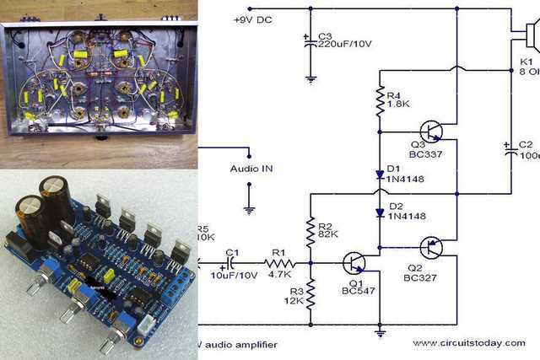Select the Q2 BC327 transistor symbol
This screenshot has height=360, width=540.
[x=433, y=247]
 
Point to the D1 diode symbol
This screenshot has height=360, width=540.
[x=380, y=175]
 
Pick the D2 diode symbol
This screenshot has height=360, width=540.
[x=380, y=211]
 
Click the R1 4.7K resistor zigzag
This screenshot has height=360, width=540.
[x=279, y=262]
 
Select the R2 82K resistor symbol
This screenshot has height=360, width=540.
[x=310, y=228]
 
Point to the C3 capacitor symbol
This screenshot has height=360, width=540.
[x=310, y=39]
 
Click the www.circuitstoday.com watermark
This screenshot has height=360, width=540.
[x=469, y=344]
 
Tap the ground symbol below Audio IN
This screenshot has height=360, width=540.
[x=250, y=207]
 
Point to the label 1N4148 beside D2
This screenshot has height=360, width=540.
[x=407, y=217]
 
